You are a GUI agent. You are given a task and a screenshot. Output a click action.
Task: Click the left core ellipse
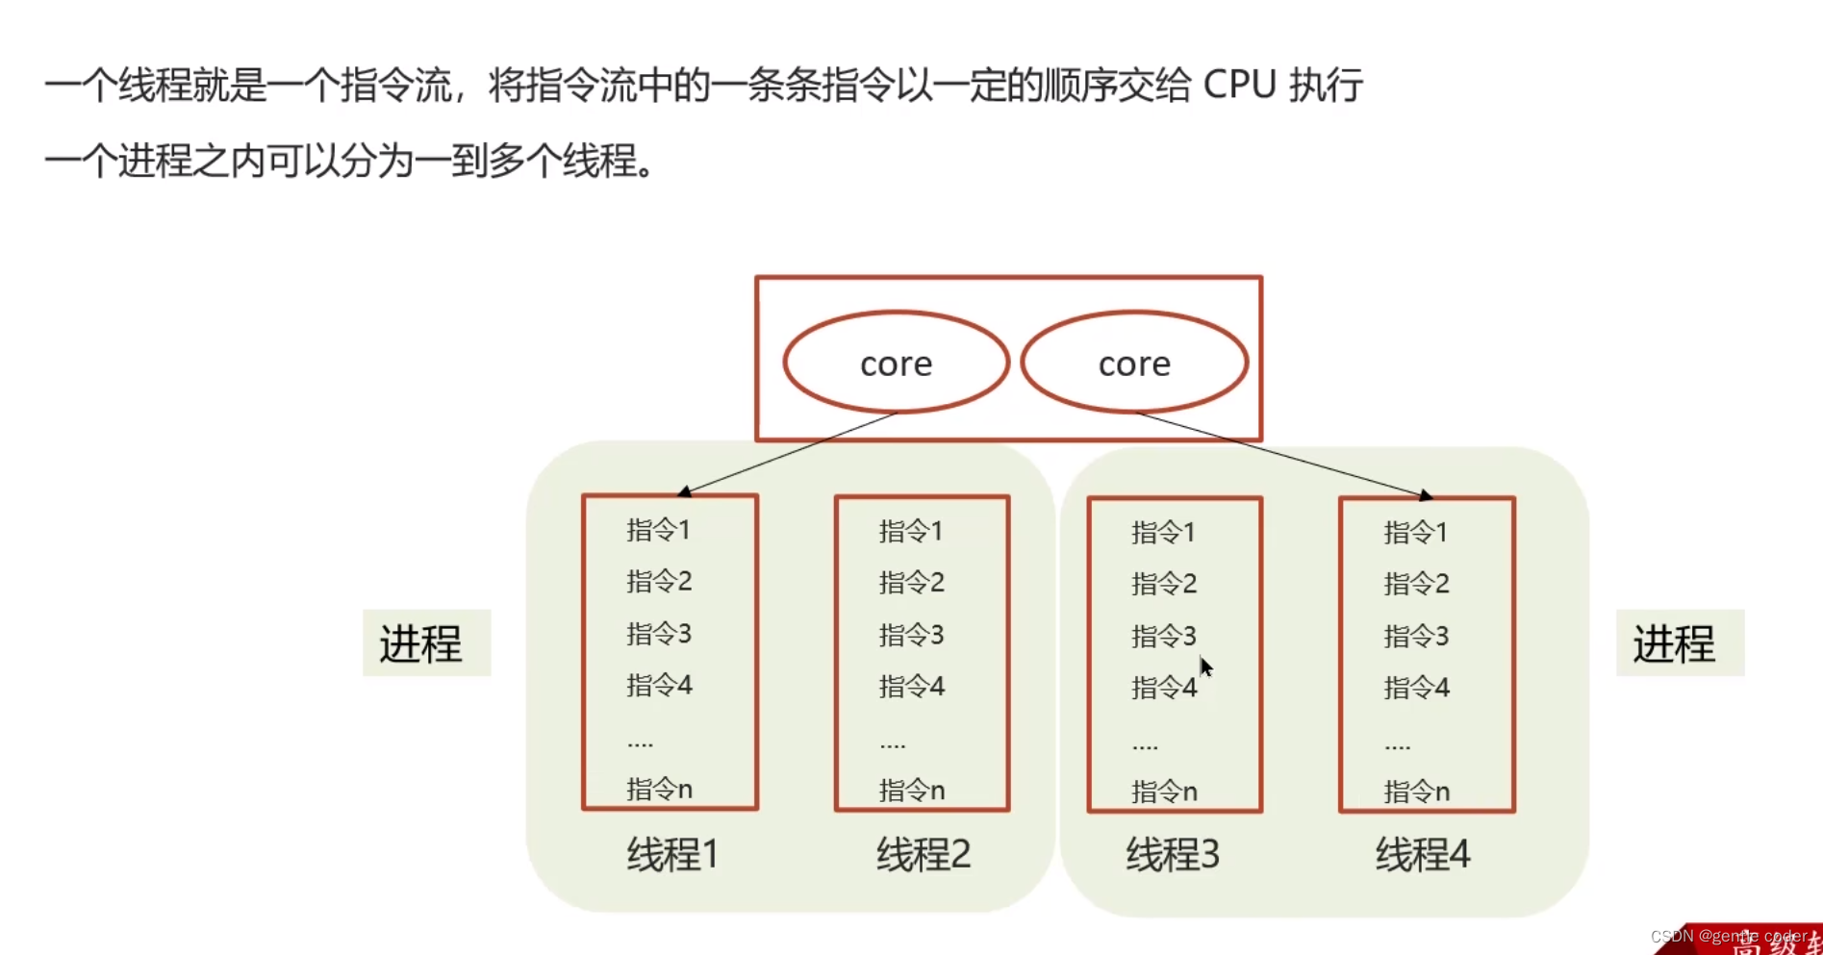point(896,363)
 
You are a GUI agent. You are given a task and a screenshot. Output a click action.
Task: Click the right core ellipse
point(1134,363)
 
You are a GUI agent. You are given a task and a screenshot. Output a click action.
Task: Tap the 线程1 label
point(672,854)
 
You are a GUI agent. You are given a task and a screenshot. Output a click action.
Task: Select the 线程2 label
point(923,854)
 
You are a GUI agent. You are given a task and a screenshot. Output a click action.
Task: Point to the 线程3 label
point(1173,854)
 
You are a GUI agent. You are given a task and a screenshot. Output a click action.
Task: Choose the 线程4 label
point(1423,854)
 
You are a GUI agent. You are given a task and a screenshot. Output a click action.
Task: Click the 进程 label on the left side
point(421,643)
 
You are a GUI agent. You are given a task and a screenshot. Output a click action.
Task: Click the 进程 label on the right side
point(1674,643)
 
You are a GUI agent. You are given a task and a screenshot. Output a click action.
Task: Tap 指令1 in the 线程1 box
point(658,530)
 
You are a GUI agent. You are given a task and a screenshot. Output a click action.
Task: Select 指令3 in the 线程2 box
point(911,635)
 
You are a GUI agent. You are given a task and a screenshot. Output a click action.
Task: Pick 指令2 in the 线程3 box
point(1164,583)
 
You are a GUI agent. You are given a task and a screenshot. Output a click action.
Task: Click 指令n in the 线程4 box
point(1416,792)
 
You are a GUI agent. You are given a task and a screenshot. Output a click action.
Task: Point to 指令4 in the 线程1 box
point(659,686)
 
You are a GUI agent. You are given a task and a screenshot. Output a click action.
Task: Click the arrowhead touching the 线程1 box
point(685,492)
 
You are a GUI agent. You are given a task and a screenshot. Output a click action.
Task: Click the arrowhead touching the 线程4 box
point(1425,495)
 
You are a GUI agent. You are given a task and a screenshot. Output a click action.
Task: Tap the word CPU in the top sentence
point(1239,86)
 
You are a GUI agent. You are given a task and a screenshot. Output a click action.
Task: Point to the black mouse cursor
point(1205,666)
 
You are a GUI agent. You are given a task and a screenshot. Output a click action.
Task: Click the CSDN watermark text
point(1728,936)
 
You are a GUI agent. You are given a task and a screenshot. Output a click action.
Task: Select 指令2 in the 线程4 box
point(1416,583)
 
